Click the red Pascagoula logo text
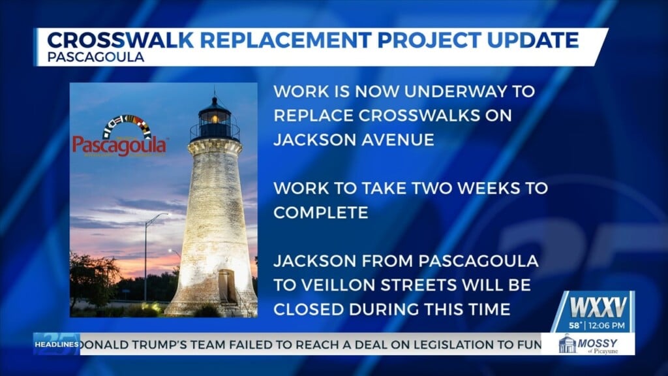(x=119, y=145)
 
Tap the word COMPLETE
(x=321, y=213)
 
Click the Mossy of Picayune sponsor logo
(x=588, y=344)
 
